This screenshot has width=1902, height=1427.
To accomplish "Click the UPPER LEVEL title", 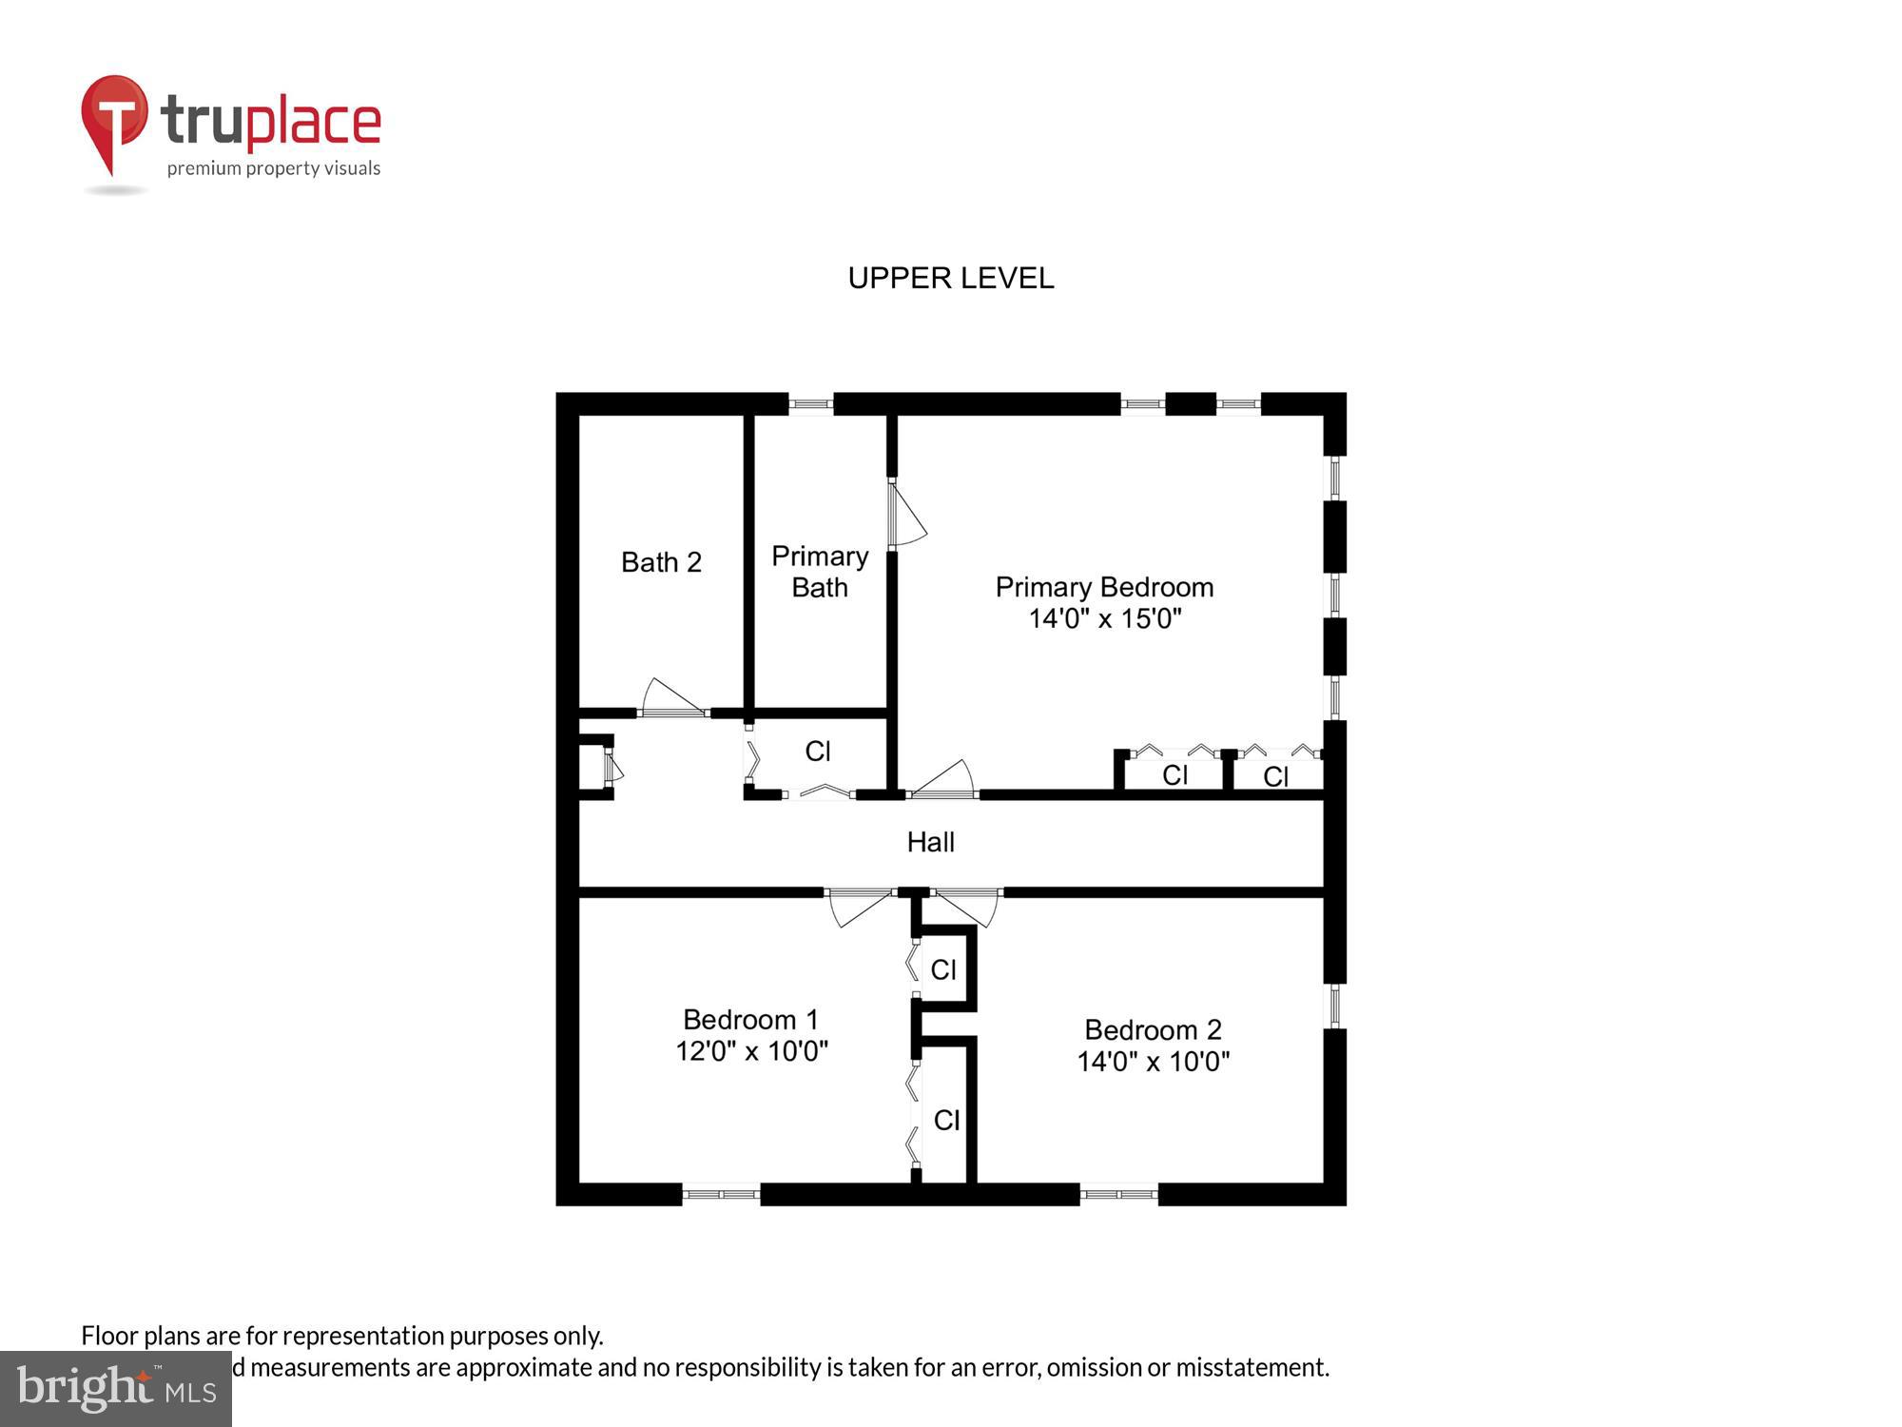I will point(950,278).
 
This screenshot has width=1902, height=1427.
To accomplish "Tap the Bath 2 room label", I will point(661,562).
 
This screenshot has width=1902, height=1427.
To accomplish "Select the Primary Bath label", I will point(820,572).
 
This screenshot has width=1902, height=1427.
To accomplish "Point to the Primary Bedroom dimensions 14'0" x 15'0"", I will point(1104,619).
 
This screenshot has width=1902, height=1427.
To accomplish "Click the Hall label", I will point(930,842).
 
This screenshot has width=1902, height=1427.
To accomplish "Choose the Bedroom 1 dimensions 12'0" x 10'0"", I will point(751,1051).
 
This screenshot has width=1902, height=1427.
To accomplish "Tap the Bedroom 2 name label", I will point(1153,1030).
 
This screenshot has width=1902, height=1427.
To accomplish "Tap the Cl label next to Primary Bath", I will point(818,752).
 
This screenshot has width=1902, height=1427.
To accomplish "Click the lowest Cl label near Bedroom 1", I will point(946,1121).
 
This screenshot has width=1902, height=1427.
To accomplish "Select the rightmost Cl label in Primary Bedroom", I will point(1275,777).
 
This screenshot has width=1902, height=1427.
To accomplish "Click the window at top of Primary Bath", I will point(811,404).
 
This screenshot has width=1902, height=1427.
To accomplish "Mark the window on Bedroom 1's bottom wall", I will point(721,1194).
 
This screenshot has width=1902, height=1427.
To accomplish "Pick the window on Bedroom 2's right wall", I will point(1335,1006).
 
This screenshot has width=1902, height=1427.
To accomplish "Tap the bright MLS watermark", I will point(116,1389).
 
